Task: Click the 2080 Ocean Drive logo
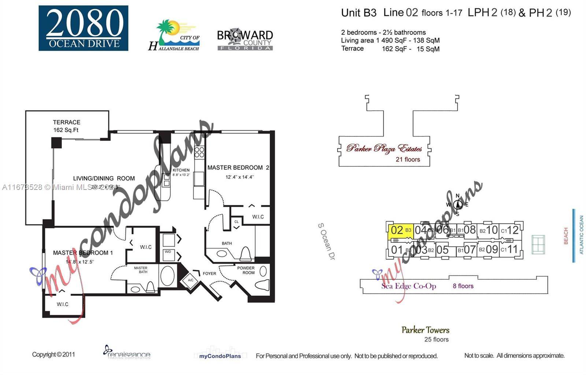click(84, 28)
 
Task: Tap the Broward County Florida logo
click(245, 40)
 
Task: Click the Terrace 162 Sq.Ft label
click(66, 126)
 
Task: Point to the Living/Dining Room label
click(104, 179)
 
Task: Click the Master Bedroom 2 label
click(238, 168)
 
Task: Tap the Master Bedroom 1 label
click(83, 253)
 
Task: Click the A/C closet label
click(190, 280)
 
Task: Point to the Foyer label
click(209, 273)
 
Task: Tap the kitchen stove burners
click(199, 152)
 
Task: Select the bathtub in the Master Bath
click(168, 276)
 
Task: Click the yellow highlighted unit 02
click(401, 231)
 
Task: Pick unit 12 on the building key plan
click(512, 230)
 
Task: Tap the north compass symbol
click(457, 205)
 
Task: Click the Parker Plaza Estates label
click(384, 148)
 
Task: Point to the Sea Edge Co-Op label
click(408, 286)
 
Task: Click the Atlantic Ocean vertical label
click(581, 235)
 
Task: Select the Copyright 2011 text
click(53, 354)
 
